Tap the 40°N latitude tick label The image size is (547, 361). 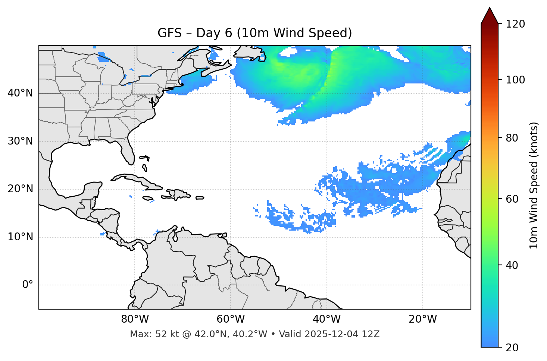[20, 93]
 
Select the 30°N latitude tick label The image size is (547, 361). [20, 141]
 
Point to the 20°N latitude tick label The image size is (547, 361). [20, 189]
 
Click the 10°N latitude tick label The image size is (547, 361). [20, 237]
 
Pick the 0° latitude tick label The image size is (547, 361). [27, 285]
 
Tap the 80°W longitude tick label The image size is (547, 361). [135, 319]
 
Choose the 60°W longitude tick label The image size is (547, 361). [231, 319]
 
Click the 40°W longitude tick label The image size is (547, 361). [326, 319]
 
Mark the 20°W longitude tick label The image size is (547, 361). [422, 319]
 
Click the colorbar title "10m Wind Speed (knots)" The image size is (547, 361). [534, 186]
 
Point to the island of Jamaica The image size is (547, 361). [148, 198]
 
